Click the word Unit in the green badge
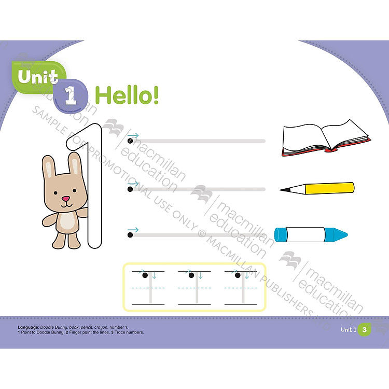(37, 77)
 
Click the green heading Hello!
(128, 95)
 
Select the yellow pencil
(317, 188)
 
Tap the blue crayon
(310, 234)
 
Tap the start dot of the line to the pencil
(130, 189)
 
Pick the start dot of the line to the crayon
(130, 235)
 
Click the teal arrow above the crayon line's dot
(133, 229)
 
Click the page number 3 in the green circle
(365, 329)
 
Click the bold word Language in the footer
(29, 327)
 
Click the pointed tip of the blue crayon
(345, 234)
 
